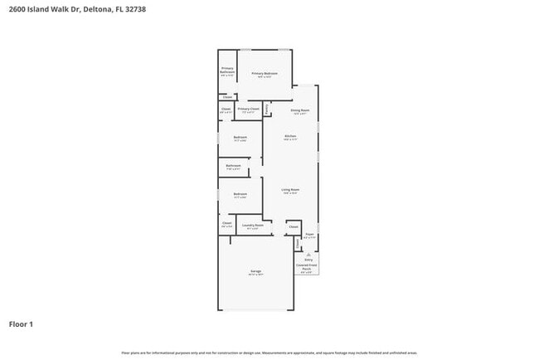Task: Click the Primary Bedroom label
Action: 265,74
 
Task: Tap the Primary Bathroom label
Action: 227,71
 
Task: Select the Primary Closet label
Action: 249,109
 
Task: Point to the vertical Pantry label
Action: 267,109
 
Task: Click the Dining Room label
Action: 299,110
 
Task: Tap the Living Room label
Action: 290,190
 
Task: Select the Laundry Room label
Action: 253,225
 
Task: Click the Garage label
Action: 256,271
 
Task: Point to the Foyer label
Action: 308,235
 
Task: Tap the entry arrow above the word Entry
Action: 308,253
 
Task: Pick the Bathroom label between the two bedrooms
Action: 234,165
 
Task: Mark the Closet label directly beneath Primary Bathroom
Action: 227,97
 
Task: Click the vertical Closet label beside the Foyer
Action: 298,243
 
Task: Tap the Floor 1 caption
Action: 21,324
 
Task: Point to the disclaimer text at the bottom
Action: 269,353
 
